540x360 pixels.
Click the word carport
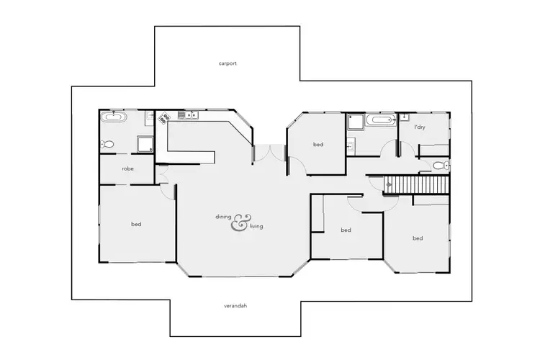point(228,63)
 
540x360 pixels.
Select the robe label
point(127,168)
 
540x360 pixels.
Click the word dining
point(224,217)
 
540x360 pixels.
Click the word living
point(256,227)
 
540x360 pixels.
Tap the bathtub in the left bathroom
point(114,117)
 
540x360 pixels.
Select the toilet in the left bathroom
point(107,144)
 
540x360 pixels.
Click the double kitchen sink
point(192,114)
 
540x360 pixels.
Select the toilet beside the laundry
point(441,166)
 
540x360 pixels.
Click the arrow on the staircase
point(390,185)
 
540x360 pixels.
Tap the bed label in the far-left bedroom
point(136,225)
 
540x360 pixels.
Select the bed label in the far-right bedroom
point(417,238)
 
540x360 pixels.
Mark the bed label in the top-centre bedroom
point(318,145)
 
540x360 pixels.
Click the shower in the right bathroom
point(355,122)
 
